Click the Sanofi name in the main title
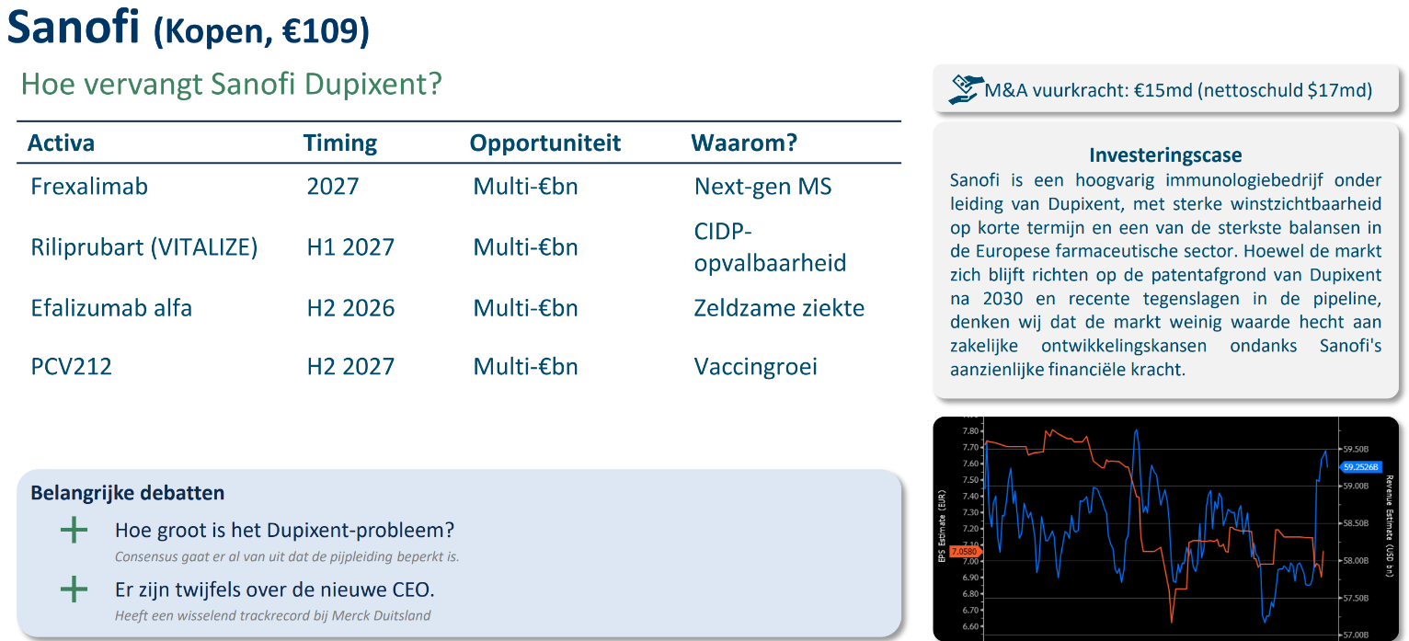click(x=73, y=27)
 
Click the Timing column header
click(x=340, y=143)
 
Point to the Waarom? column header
click(x=744, y=143)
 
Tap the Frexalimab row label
click(x=89, y=186)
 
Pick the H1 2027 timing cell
click(x=350, y=247)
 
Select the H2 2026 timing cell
click(x=350, y=308)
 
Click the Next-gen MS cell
click(x=762, y=186)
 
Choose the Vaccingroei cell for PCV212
click(x=755, y=367)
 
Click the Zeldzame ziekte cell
click(x=779, y=308)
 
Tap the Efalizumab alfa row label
click(x=111, y=308)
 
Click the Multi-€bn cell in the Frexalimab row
click(x=525, y=186)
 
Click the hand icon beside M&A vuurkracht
click(x=965, y=89)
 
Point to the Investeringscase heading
click(x=1165, y=155)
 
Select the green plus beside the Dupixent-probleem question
click(x=74, y=530)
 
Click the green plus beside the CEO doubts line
click(x=74, y=589)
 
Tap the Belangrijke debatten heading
click(x=128, y=493)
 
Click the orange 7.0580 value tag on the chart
click(x=964, y=552)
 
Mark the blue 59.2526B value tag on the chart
click(x=1360, y=467)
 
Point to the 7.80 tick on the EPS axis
click(x=970, y=431)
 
